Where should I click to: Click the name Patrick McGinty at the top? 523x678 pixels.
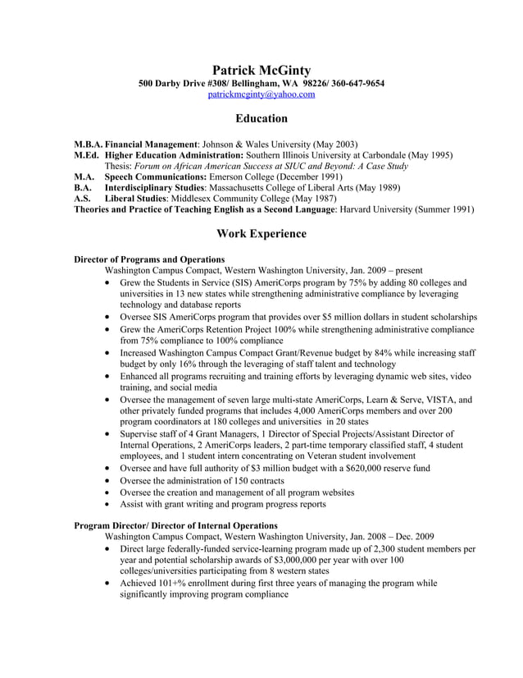(261, 71)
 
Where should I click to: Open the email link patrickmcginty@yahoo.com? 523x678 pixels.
(261, 94)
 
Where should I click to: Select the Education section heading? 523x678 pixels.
(261, 118)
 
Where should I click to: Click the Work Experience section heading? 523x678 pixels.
(261, 234)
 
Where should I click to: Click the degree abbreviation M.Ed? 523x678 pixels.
(89, 154)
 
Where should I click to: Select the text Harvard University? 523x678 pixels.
(380, 210)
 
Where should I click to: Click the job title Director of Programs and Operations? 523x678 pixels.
(149, 259)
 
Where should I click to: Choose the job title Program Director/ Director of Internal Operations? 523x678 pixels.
(175, 525)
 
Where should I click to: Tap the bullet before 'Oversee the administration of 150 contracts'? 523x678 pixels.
(111, 481)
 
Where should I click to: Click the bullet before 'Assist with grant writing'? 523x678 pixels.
(111, 504)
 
